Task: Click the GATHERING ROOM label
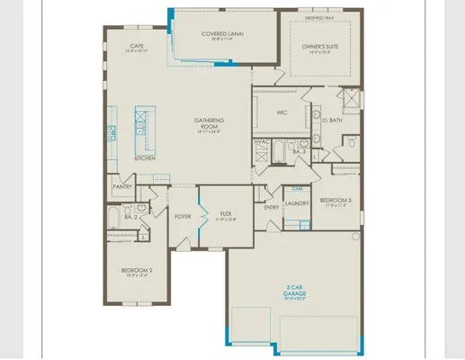[x=209, y=122]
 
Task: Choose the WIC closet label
[x=280, y=112]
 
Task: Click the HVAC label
[x=263, y=142]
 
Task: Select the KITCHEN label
[x=145, y=158]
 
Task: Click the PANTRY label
[x=122, y=187]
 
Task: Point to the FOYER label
[x=183, y=216]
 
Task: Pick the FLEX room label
[x=226, y=214]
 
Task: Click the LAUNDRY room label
[x=297, y=203]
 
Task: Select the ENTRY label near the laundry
[x=272, y=207]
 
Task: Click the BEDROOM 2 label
[x=138, y=270]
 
